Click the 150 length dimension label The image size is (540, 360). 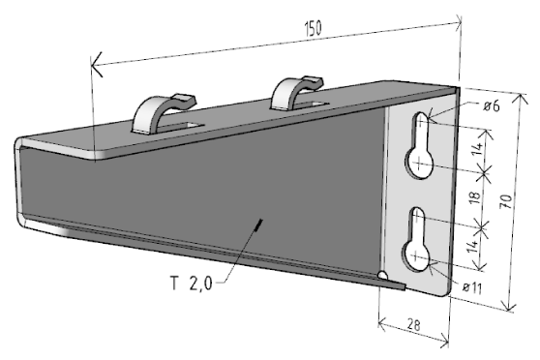(313, 28)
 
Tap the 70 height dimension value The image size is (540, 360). (506, 201)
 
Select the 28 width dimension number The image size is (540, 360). (413, 324)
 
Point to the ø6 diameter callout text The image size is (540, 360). (492, 105)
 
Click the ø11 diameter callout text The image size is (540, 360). (472, 287)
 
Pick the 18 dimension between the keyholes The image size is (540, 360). (474, 197)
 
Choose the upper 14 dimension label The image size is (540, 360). (477, 148)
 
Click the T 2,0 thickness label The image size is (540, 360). (192, 284)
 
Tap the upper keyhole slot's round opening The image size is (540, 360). (420, 164)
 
